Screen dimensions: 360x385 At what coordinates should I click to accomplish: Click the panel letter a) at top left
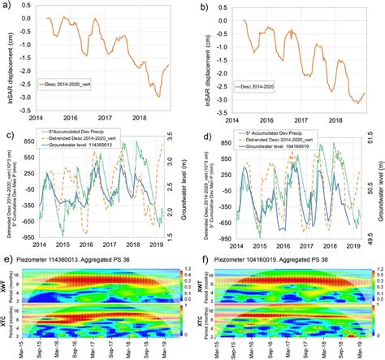point(6,6)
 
